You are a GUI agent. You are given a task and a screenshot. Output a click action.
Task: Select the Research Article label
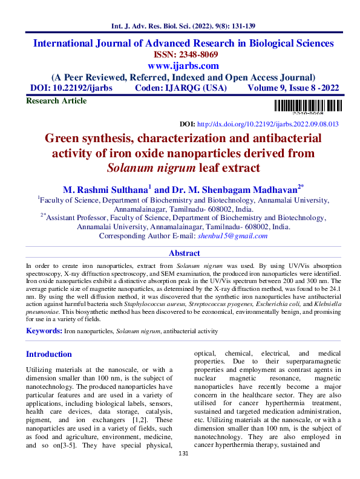(56, 101)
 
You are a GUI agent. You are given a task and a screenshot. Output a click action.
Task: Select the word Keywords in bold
(44, 331)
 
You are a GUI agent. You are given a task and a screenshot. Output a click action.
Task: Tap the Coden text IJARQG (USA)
(195, 88)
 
